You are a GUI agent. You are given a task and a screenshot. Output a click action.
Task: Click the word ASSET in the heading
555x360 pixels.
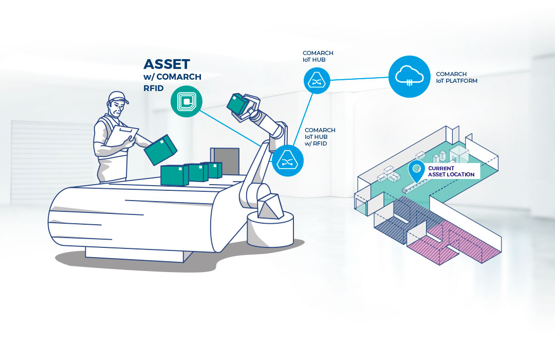[167, 64]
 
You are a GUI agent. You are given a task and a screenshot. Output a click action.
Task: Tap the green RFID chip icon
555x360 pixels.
[186, 101]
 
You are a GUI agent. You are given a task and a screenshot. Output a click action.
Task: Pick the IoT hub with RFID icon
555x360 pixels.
[287, 160]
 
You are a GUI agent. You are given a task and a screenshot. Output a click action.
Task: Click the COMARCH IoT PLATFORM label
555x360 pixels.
[456, 78]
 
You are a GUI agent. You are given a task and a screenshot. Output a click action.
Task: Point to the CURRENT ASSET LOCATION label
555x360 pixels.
[451, 171]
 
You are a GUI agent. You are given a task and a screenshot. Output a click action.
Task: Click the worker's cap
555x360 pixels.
[118, 97]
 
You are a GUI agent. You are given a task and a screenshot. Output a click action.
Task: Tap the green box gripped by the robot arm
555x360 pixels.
[237, 105]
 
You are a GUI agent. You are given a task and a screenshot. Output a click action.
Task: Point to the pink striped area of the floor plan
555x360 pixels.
[457, 244]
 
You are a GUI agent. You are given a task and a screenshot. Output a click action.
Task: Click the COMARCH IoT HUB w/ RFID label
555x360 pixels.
[320, 137]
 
